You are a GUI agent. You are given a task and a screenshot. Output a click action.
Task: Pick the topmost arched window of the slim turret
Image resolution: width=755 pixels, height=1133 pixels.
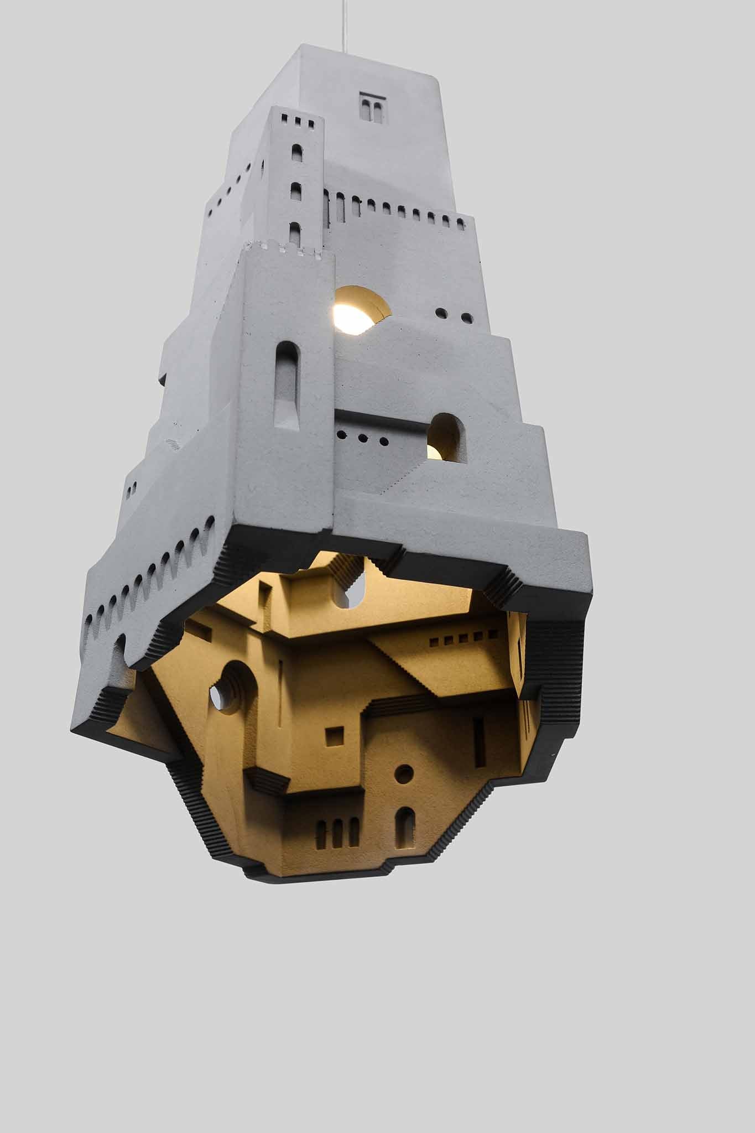pyautogui.click(x=297, y=153)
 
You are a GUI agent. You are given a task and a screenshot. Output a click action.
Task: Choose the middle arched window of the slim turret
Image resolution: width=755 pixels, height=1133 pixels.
pyautogui.click(x=296, y=191)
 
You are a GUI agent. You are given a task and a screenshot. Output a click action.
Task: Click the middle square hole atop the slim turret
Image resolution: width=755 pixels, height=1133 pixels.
pyautogui.click(x=296, y=120)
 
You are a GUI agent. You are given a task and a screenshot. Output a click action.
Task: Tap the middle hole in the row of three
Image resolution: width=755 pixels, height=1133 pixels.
pyautogui.click(x=362, y=438)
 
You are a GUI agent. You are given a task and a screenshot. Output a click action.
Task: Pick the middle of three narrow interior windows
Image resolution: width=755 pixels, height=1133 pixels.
pyautogui.click(x=337, y=833)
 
